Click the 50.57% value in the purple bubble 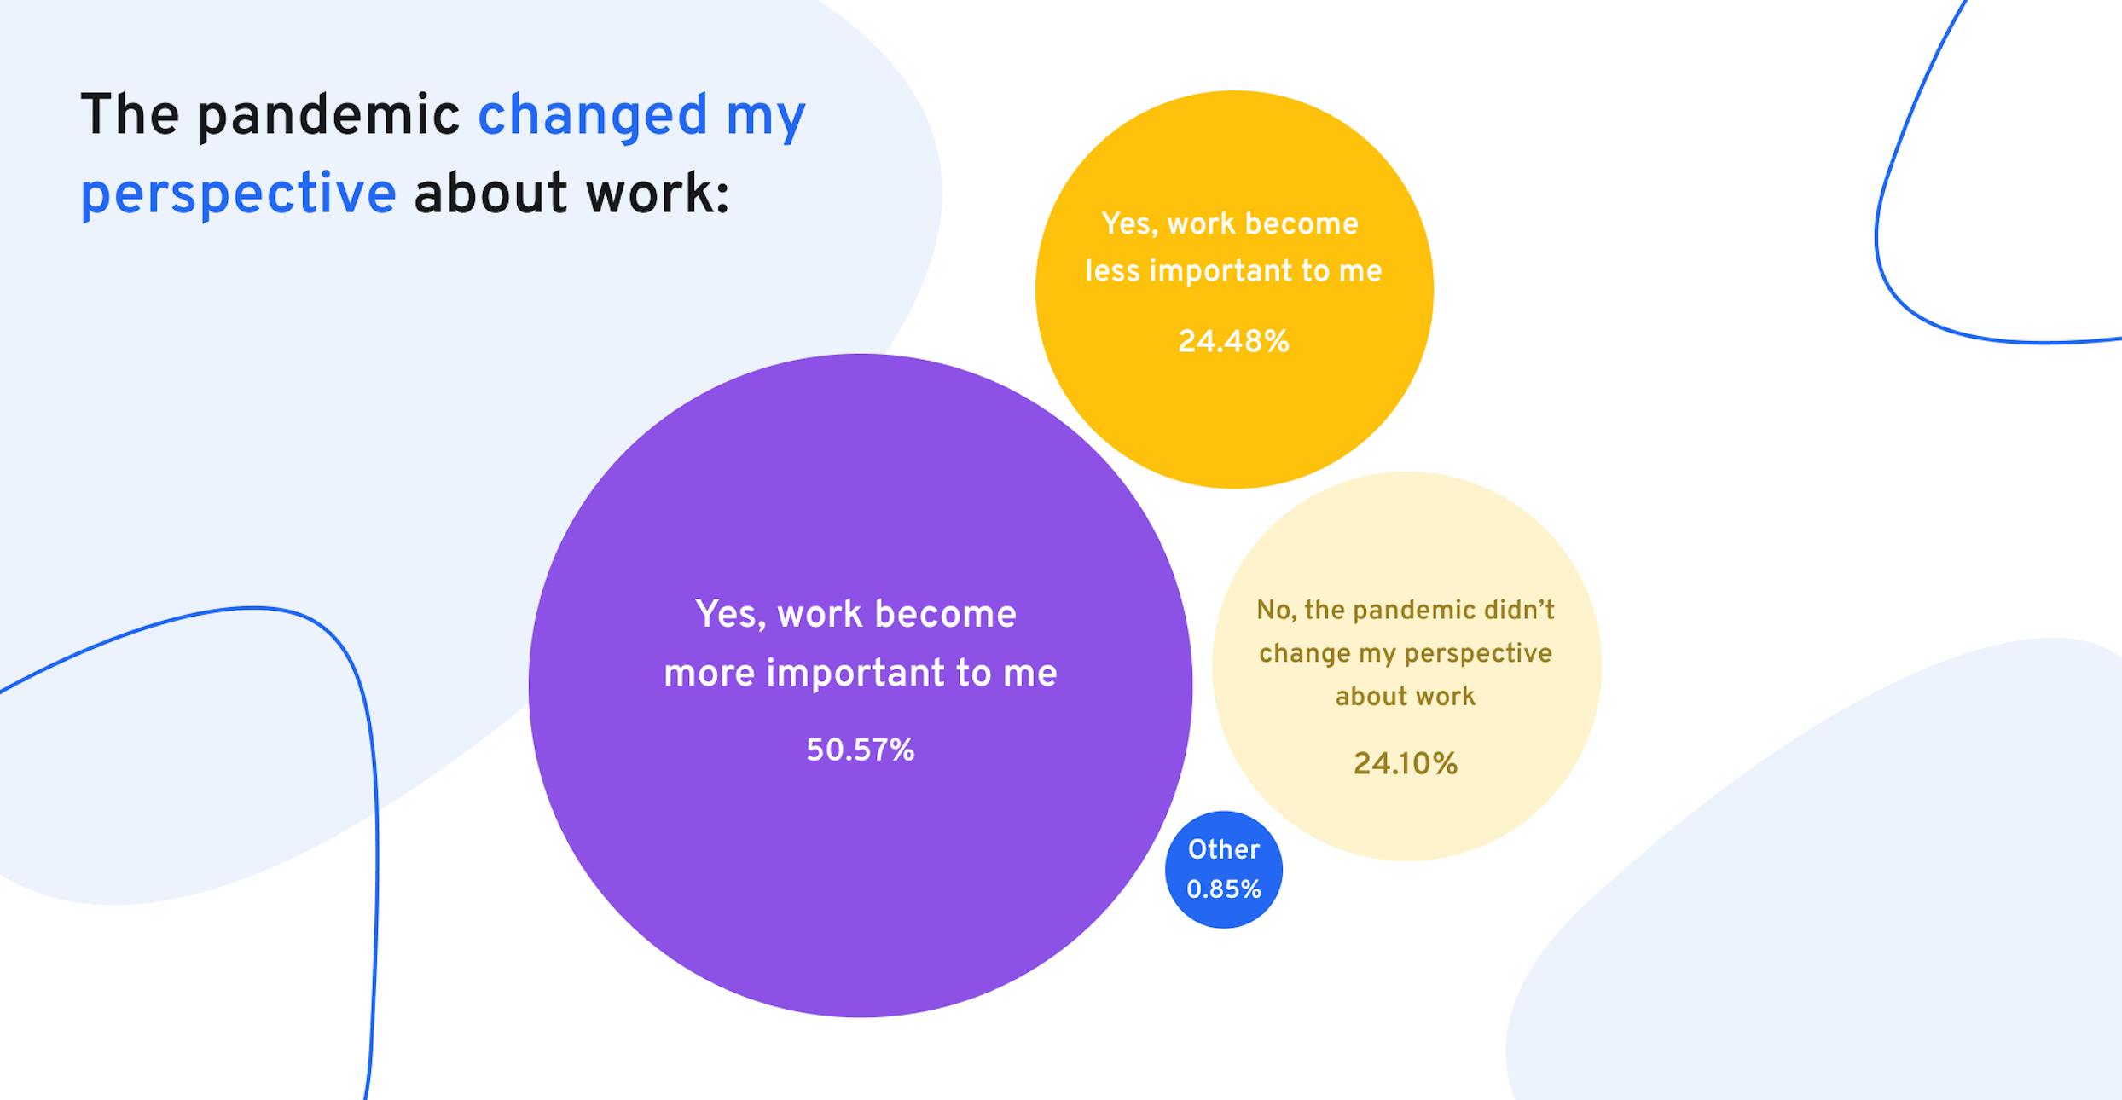pyautogui.click(x=860, y=750)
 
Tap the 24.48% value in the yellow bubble pyautogui.click(x=1233, y=342)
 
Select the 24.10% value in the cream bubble pyautogui.click(x=1405, y=763)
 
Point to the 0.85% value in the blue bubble pyautogui.click(x=1223, y=889)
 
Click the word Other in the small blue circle pyautogui.click(x=1223, y=849)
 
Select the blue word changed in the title pyautogui.click(x=592, y=115)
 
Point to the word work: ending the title pyautogui.click(x=657, y=194)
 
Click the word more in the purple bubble pyautogui.click(x=709, y=674)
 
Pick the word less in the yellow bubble pyautogui.click(x=1111, y=271)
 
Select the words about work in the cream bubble pyautogui.click(x=1405, y=697)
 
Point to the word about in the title pyautogui.click(x=490, y=194)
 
